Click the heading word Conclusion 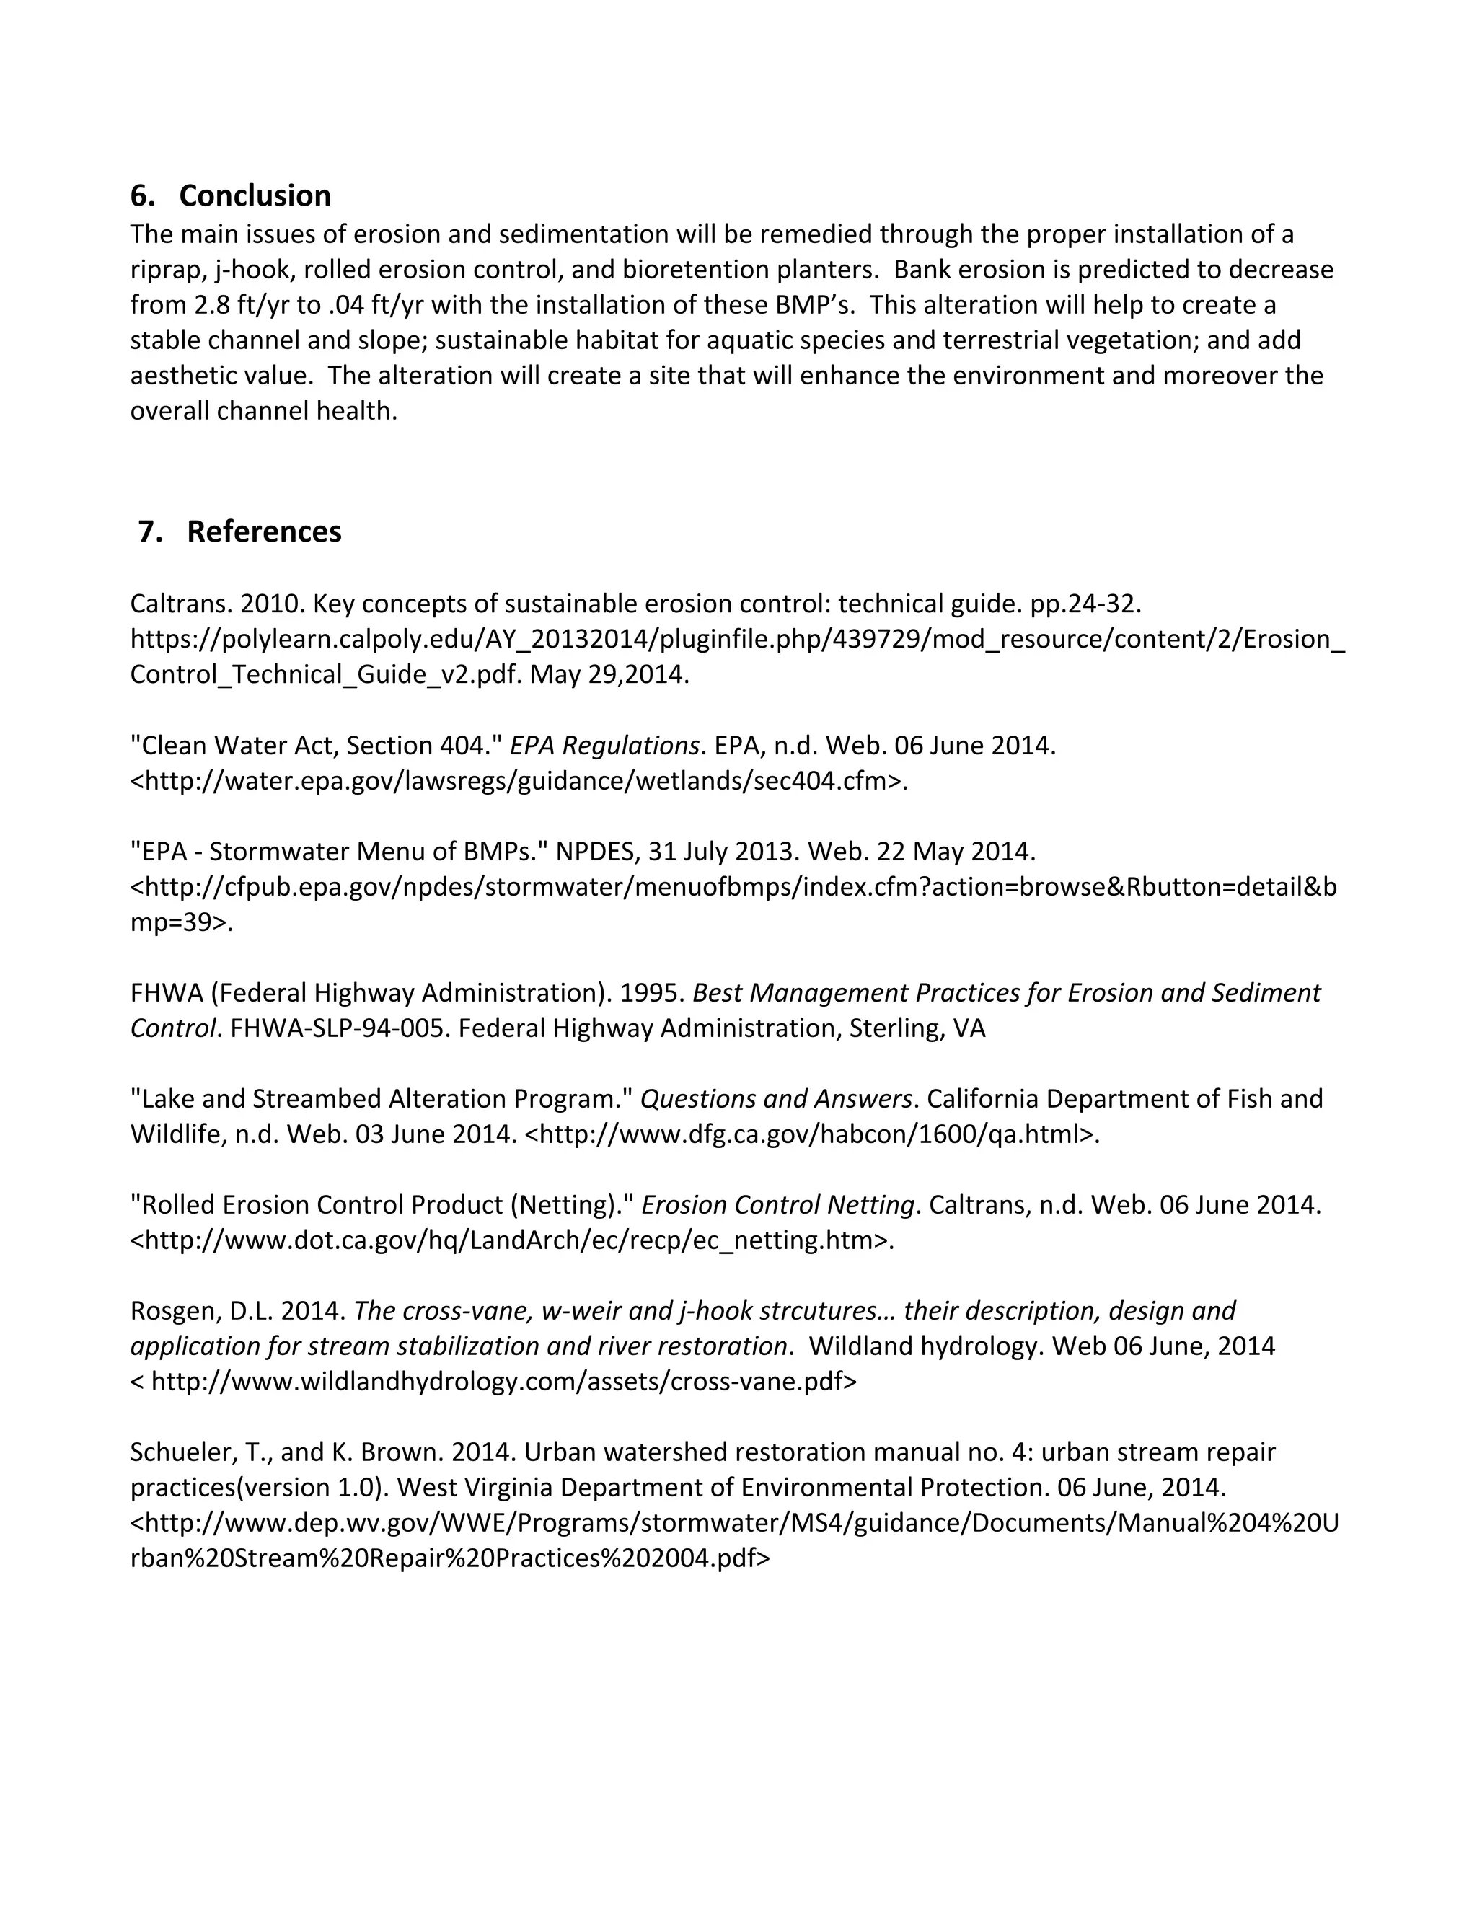pyautogui.click(x=255, y=196)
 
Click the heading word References pyautogui.click(x=263, y=532)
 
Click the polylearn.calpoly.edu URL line pyautogui.click(x=738, y=640)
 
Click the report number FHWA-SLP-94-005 pyautogui.click(x=340, y=1028)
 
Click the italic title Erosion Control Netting pyautogui.click(x=778, y=1205)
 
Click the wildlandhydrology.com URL pyautogui.click(x=503, y=1382)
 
